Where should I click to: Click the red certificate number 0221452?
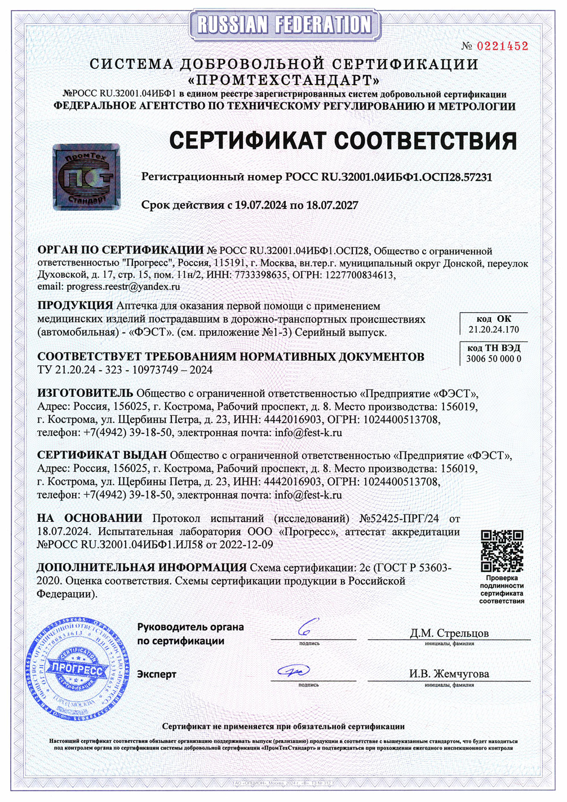[503, 46]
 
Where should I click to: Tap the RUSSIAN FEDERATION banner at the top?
[284, 24]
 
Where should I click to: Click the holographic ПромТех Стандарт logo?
[86, 177]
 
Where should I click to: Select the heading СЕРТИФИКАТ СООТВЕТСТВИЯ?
[343, 140]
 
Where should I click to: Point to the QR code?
[502, 551]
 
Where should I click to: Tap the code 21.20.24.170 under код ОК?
[494, 329]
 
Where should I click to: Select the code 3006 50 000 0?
[494, 358]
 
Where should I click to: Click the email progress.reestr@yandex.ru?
[123, 286]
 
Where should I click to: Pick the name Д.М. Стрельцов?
[449, 633]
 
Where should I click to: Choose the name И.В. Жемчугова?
[449, 673]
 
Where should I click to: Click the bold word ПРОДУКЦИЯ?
[75, 305]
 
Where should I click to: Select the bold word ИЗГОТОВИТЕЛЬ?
[85, 393]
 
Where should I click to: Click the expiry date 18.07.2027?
[332, 205]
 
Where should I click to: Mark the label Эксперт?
[157, 674]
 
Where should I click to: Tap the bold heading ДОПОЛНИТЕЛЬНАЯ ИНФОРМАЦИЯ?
[141, 568]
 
